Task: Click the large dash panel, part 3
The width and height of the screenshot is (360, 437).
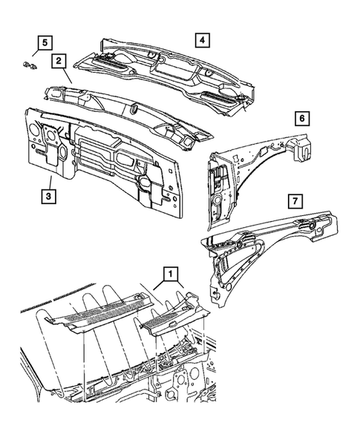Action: tap(104, 156)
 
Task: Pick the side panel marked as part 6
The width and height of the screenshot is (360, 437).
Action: tap(245, 171)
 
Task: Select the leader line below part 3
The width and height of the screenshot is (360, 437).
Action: tap(48, 182)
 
